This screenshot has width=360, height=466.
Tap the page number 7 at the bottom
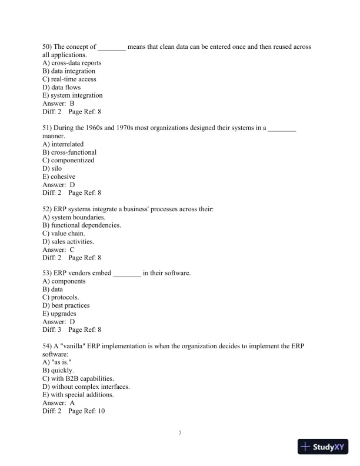[180, 434]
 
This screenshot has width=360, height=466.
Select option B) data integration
[69, 71]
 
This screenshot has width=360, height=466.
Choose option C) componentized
[68, 160]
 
